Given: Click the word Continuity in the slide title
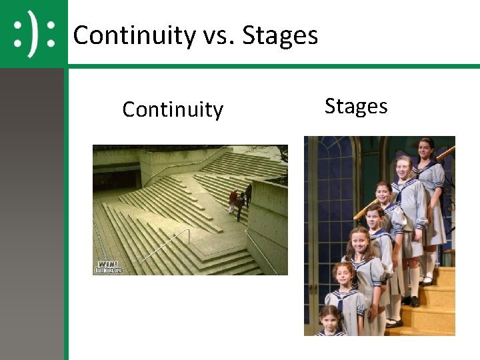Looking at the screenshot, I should pyautogui.click(x=133, y=35).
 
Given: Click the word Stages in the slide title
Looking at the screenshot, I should pyautogui.click(x=280, y=35).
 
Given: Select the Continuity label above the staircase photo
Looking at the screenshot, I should pyautogui.click(x=173, y=109).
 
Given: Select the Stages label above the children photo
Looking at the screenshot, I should pyautogui.click(x=355, y=106).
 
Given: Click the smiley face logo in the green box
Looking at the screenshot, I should pyautogui.click(x=33, y=33).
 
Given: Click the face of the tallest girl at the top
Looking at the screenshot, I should pyautogui.click(x=426, y=148).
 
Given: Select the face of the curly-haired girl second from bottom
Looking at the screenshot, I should pyautogui.click(x=343, y=275).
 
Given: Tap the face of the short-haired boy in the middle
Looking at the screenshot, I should pyautogui.click(x=375, y=217).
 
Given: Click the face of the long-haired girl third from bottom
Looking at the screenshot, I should pyautogui.click(x=358, y=241).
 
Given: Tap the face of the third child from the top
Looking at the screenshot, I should pyautogui.click(x=383, y=193).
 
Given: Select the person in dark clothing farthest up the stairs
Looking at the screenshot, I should pyautogui.click(x=248, y=193).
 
